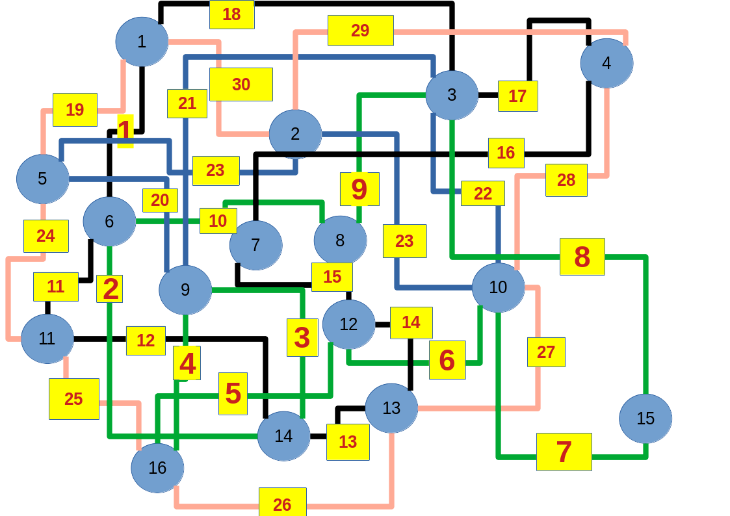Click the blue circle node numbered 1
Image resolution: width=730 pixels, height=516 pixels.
click(x=142, y=42)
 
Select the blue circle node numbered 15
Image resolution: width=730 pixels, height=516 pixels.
click(x=645, y=419)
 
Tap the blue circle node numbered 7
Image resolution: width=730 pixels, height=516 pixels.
click(x=255, y=245)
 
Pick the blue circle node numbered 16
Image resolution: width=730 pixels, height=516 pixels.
click(x=157, y=468)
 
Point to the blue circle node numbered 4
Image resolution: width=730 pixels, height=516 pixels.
click(x=606, y=63)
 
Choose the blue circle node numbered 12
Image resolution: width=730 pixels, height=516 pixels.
click(x=348, y=324)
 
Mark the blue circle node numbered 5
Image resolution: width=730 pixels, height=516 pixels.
click(x=43, y=179)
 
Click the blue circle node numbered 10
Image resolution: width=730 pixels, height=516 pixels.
click(x=498, y=287)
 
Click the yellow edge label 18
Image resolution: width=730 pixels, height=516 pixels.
click(x=231, y=14)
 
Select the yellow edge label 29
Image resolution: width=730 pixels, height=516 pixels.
click(x=360, y=31)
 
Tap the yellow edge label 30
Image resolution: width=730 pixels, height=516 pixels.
click(x=241, y=84)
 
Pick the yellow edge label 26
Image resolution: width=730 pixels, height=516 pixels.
click(x=282, y=504)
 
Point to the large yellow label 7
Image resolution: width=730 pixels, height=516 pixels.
click(x=564, y=452)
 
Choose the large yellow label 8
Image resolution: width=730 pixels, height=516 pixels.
click(x=582, y=257)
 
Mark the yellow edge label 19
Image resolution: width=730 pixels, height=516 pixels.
click(x=75, y=110)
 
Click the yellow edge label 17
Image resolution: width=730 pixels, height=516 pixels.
click(x=517, y=96)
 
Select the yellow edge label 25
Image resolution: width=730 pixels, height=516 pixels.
click(x=73, y=399)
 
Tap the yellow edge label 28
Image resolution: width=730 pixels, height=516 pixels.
click(x=566, y=180)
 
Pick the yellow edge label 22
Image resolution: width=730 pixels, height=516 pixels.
click(x=482, y=193)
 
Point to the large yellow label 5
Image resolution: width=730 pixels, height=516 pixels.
click(x=233, y=393)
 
